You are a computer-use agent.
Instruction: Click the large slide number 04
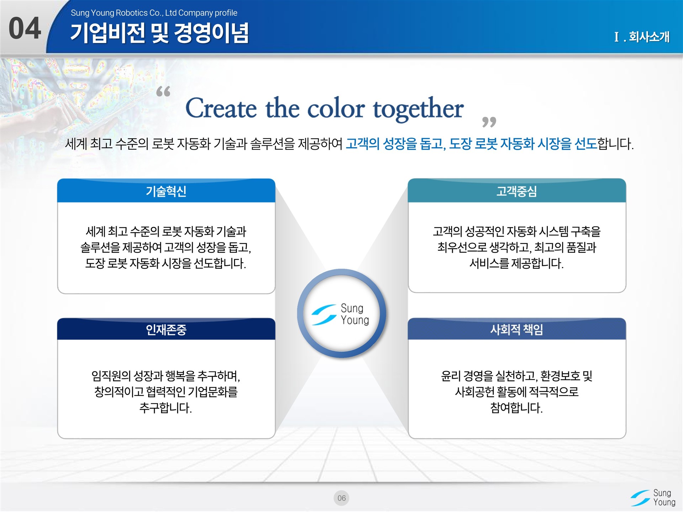click(25, 28)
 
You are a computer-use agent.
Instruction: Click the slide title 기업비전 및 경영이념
click(160, 33)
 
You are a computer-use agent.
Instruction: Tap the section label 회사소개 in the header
click(649, 37)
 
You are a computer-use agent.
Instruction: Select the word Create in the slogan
click(221, 108)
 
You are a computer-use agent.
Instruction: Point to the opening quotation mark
click(163, 91)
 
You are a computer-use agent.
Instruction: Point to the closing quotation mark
click(489, 122)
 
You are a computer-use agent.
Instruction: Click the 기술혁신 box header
click(166, 191)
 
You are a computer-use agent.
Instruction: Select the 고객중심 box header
click(517, 191)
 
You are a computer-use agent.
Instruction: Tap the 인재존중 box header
click(166, 330)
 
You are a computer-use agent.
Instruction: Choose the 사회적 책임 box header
click(517, 330)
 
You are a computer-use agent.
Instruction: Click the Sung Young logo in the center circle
click(340, 314)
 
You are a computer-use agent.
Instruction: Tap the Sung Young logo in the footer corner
click(653, 497)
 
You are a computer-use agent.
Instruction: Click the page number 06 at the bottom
click(341, 498)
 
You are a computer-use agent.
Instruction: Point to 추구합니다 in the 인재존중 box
click(166, 408)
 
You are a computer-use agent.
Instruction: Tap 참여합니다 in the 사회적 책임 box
click(517, 408)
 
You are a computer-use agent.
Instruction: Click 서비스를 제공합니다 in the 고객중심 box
click(517, 263)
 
